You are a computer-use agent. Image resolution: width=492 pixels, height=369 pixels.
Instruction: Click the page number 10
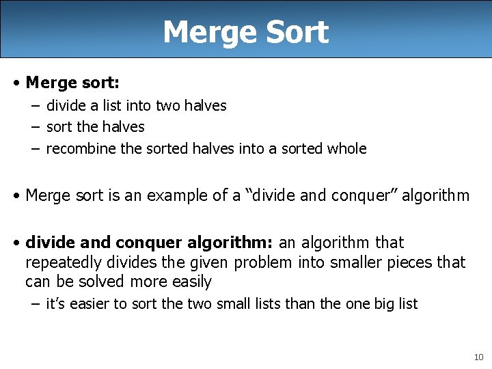478,357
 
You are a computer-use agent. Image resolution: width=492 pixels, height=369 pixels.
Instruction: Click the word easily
191,282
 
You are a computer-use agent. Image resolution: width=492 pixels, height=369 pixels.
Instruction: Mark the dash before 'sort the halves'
34,126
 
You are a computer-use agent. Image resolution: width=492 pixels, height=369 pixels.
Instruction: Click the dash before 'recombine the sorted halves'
34,148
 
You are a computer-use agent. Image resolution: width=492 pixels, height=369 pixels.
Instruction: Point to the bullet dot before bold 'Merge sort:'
16,83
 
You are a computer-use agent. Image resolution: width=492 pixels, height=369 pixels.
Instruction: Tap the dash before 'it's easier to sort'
34,303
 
